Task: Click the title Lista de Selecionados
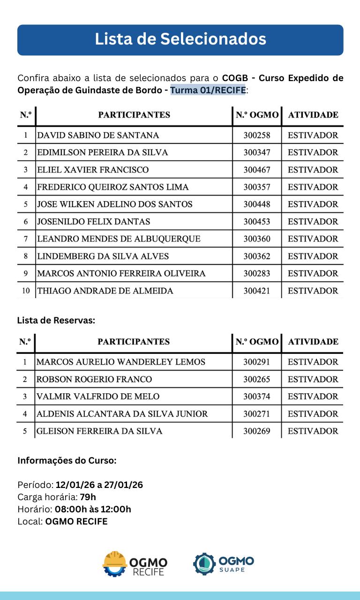(x=180, y=39)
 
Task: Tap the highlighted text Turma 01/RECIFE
(x=208, y=90)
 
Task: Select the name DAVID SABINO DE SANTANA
(x=98, y=135)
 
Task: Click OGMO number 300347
(x=257, y=152)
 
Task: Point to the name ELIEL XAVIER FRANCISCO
(x=93, y=170)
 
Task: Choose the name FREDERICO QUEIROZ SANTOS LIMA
(x=113, y=187)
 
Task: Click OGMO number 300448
(x=257, y=204)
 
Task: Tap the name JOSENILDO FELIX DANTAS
(x=94, y=222)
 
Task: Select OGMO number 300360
(x=257, y=239)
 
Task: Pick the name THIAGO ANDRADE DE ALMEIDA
(x=105, y=291)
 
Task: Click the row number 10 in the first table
(x=26, y=291)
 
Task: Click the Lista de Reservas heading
(x=56, y=321)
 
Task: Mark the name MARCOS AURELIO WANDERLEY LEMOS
(x=121, y=362)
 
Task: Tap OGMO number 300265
(x=257, y=379)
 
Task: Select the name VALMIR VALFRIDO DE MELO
(x=98, y=397)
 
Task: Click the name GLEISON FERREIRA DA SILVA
(x=99, y=431)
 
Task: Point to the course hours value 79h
(x=88, y=497)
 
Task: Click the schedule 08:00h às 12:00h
(x=93, y=509)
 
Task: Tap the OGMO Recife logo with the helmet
(x=135, y=564)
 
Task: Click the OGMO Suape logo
(x=224, y=564)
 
